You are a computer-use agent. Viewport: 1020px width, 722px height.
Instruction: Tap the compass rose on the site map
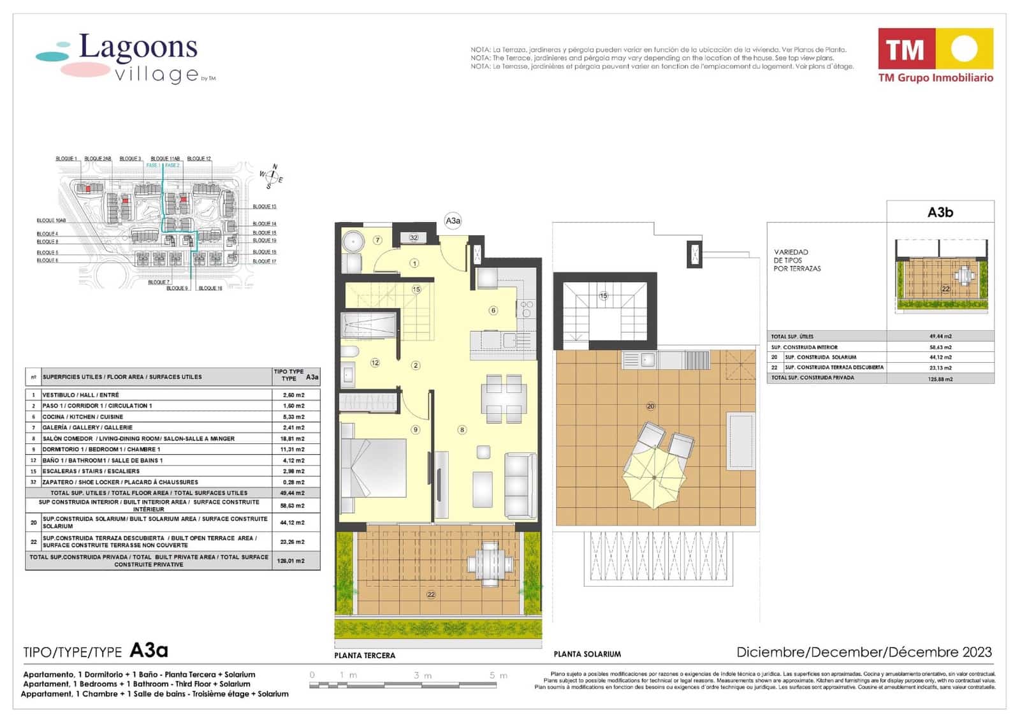[272, 177]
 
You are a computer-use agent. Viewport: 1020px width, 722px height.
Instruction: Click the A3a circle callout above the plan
[453, 221]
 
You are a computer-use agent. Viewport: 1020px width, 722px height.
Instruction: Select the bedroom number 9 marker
[416, 430]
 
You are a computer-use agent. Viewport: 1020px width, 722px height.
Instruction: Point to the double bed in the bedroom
[374, 468]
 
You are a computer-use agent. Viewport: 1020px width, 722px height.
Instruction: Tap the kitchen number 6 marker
[493, 311]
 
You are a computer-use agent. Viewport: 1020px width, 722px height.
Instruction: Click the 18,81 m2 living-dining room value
[293, 439]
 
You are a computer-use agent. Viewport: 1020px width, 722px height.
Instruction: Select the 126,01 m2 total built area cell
[293, 561]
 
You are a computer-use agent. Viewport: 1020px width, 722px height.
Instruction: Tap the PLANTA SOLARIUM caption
[587, 654]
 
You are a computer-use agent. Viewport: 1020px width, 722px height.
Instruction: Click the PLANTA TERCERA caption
[365, 655]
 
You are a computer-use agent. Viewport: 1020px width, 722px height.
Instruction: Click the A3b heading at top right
[940, 212]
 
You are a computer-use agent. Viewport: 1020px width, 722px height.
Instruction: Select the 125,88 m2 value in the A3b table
[940, 379]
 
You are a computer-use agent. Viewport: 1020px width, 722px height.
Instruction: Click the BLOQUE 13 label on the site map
[265, 207]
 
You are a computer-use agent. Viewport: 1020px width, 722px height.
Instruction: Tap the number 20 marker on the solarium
[650, 406]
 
